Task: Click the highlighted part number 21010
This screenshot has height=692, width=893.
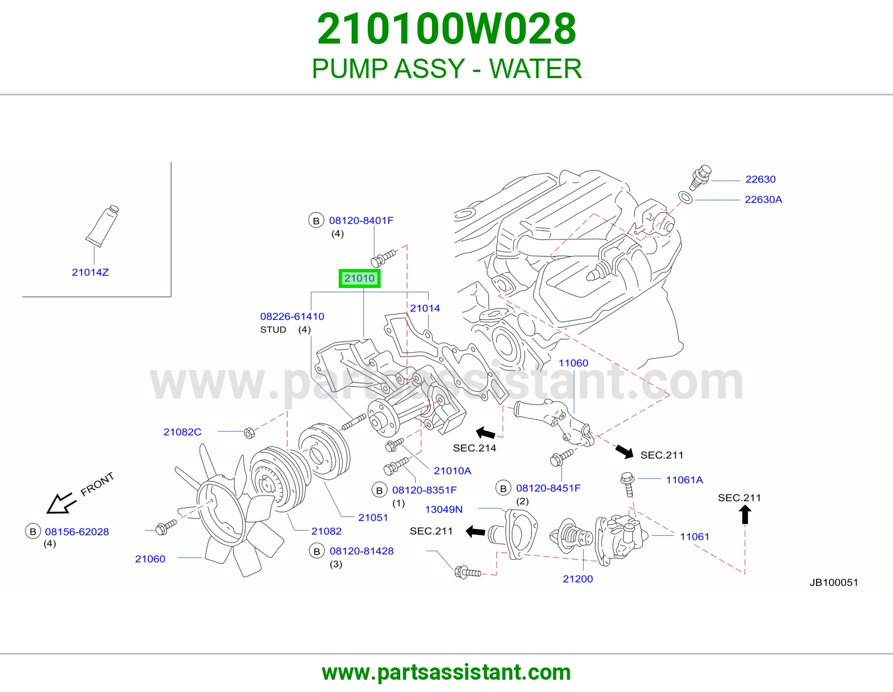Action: (359, 278)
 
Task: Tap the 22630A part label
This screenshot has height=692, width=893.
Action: (763, 199)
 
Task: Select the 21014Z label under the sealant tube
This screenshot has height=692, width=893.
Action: (90, 272)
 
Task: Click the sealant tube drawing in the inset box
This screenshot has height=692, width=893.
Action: (102, 225)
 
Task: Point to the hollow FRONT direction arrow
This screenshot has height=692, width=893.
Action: (61, 503)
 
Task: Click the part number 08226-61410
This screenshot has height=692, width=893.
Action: (292, 316)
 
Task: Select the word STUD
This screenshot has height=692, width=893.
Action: (273, 330)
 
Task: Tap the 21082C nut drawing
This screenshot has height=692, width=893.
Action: (249, 433)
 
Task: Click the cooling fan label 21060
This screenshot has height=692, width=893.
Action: (150, 559)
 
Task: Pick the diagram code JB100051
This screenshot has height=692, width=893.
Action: (834, 582)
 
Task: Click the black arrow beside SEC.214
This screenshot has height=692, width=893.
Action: (486, 433)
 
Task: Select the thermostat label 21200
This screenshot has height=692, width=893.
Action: (578, 579)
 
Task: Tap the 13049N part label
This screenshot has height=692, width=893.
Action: (443, 509)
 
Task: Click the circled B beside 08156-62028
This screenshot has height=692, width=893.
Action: (33, 531)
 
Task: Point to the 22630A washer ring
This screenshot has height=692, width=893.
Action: (685, 197)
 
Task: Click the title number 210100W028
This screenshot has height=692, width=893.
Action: (446, 28)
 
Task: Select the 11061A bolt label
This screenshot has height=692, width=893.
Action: (684, 479)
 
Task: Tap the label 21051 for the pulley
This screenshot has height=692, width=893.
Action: (373, 517)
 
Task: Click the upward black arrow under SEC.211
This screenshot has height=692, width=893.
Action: (745, 514)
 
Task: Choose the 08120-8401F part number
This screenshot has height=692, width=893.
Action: (361, 220)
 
